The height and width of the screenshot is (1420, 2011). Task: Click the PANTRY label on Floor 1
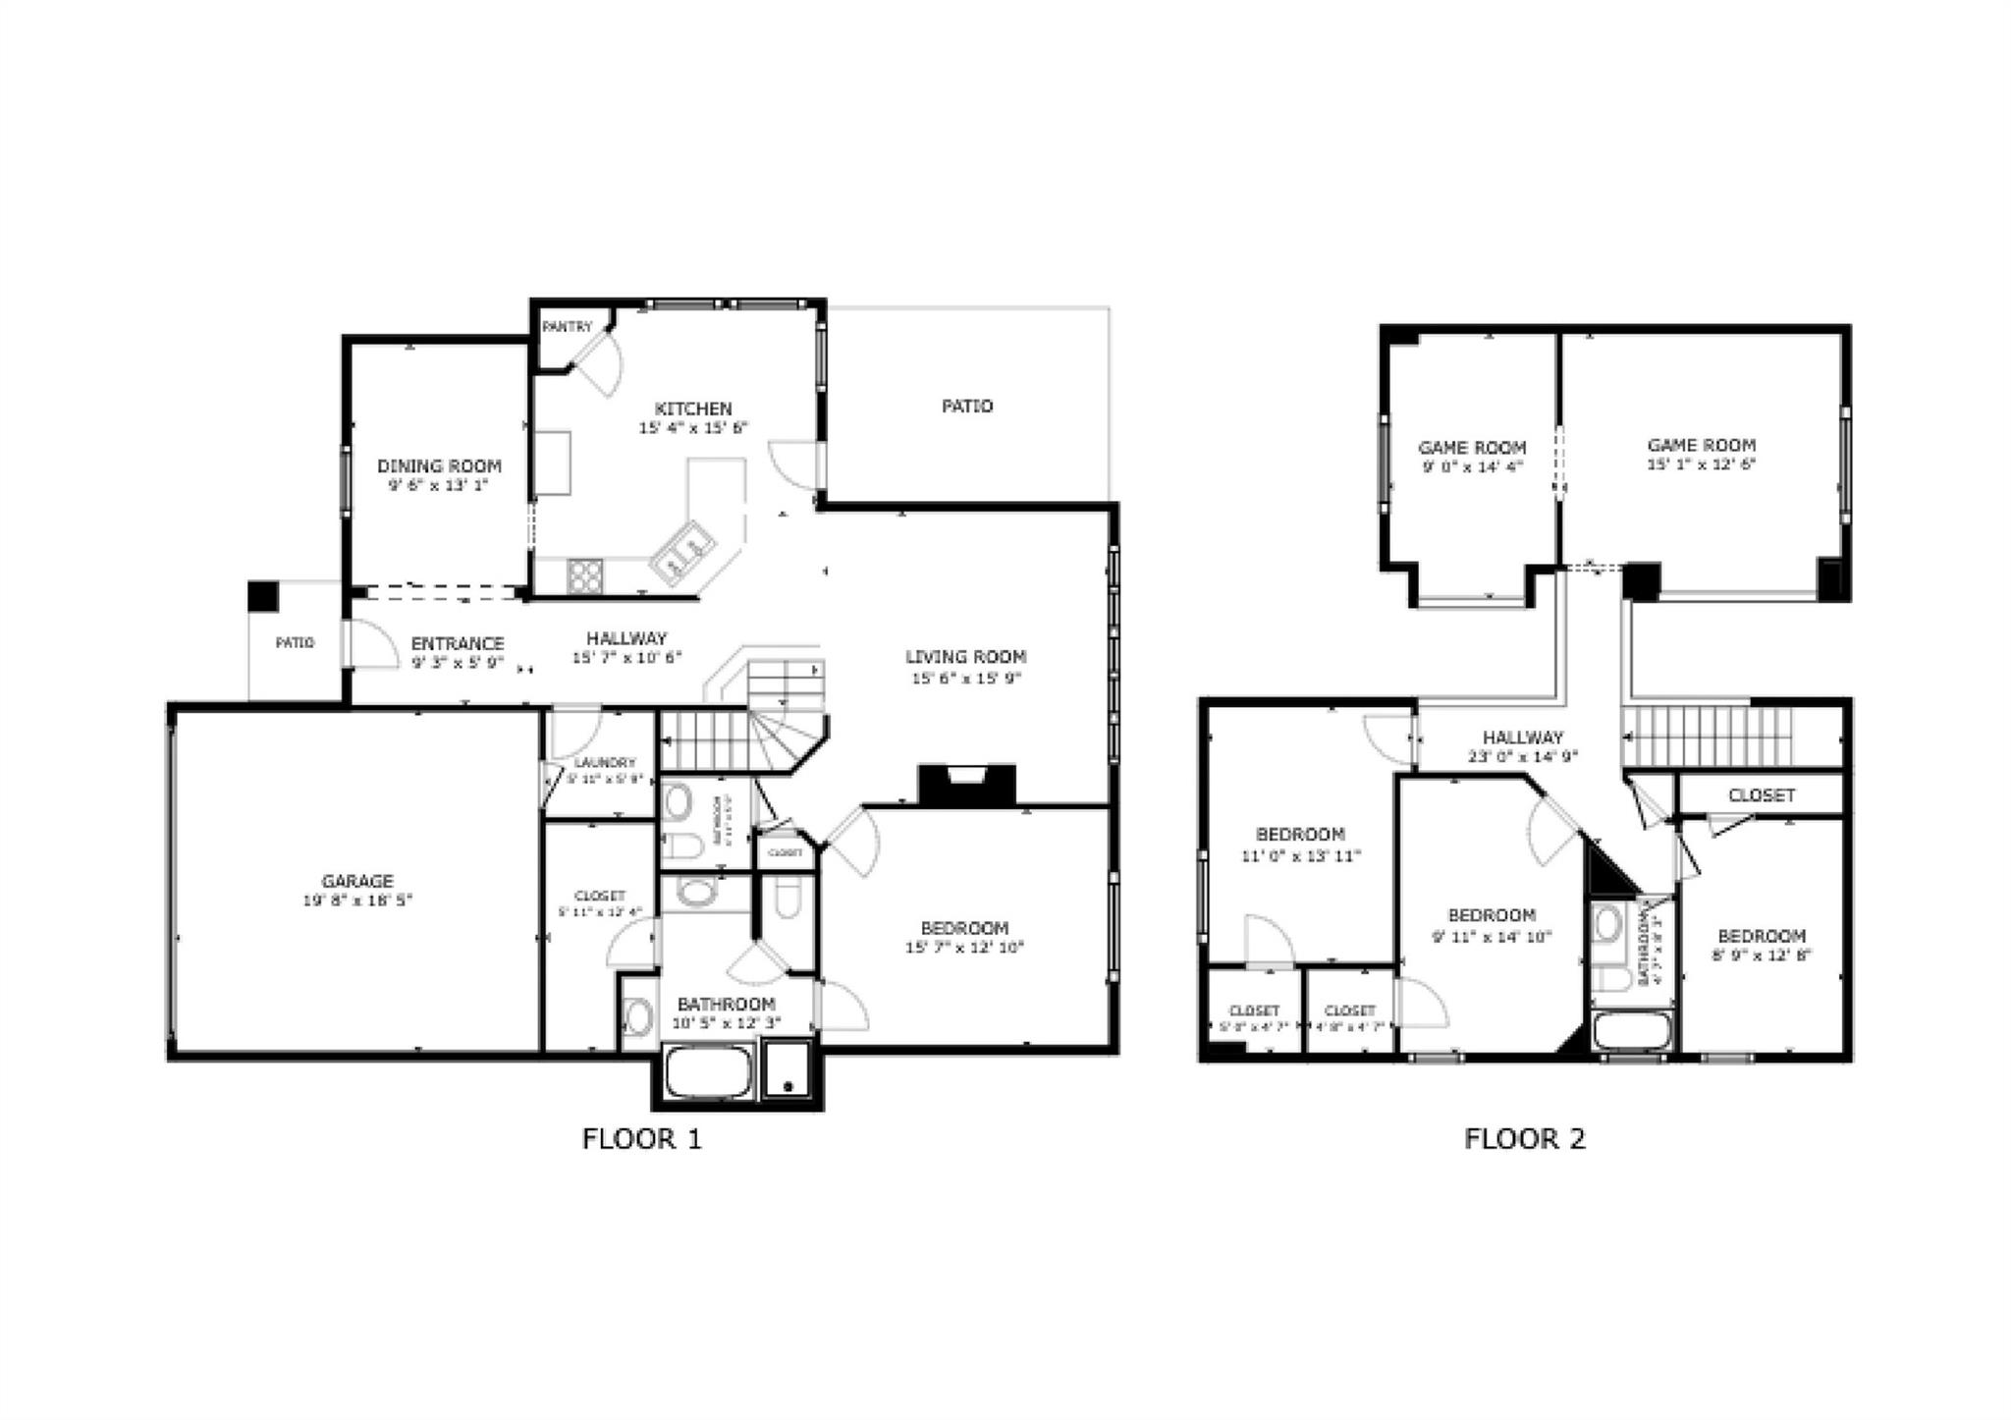568,327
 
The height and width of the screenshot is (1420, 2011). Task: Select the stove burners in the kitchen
585,575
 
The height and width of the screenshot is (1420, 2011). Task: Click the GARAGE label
357,881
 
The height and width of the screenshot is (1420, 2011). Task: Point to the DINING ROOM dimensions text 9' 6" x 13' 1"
439,485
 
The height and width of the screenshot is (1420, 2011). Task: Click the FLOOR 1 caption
642,1139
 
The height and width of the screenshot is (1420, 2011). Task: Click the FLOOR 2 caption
1525,1139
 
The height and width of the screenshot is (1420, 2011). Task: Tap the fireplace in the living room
966,784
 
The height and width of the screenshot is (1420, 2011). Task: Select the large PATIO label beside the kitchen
967,406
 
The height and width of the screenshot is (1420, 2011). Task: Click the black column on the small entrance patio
262,596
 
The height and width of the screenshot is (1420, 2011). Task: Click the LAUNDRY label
605,762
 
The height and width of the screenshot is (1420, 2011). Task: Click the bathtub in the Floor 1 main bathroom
709,1072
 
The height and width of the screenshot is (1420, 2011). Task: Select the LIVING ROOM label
965,657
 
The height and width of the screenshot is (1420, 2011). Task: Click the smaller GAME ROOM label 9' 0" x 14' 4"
1472,448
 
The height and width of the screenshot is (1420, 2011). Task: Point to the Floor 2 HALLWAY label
1522,737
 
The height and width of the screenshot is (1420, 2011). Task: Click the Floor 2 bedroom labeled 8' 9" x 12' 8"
1762,936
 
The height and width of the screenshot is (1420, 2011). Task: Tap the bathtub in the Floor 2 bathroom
1631,1032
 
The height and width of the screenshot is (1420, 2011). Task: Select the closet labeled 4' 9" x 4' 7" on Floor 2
1349,1010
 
